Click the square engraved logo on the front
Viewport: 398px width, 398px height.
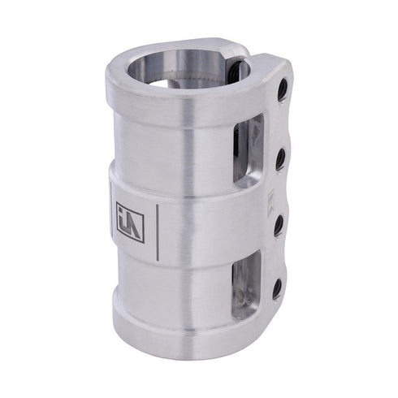(130, 222)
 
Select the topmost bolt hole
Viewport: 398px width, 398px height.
(283, 90)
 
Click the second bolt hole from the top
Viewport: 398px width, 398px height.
(280, 158)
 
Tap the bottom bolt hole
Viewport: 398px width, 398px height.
(277, 288)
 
